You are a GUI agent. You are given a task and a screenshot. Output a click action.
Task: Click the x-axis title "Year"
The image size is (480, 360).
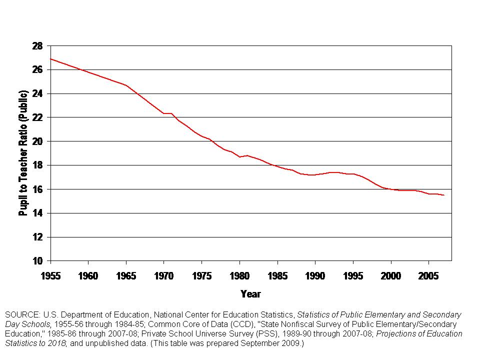(250, 293)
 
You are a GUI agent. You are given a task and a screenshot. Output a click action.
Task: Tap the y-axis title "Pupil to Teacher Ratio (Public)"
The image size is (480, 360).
(23, 153)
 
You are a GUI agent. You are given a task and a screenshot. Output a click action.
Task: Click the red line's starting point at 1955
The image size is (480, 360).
(51, 59)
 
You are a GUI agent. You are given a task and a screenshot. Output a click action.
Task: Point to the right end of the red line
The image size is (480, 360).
(443, 195)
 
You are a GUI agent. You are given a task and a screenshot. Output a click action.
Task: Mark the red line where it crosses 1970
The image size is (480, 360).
(164, 113)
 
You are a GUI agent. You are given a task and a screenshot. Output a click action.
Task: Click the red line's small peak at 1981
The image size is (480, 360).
(247, 155)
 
